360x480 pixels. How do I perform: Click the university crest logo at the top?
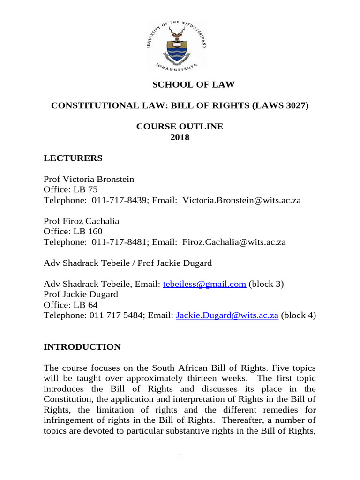(x=180, y=46)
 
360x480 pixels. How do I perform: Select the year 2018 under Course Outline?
(x=180, y=137)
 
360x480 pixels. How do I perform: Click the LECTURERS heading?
(x=73, y=158)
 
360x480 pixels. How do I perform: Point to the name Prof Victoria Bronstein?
(x=89, y=179)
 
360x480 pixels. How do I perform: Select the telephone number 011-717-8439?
(x=117, y=201)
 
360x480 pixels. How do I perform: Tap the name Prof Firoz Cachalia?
(x=81, y=221)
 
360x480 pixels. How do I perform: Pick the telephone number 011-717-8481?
(x=117, y=242)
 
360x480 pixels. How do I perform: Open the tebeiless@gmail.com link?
(x=204, y=285)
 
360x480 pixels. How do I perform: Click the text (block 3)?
(x=266, y=285)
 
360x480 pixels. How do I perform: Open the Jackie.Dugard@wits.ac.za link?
(x=227, y=316)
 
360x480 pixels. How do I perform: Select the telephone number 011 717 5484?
(x=115, y=316)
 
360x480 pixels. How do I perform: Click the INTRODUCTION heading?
(x=82, y=347)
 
